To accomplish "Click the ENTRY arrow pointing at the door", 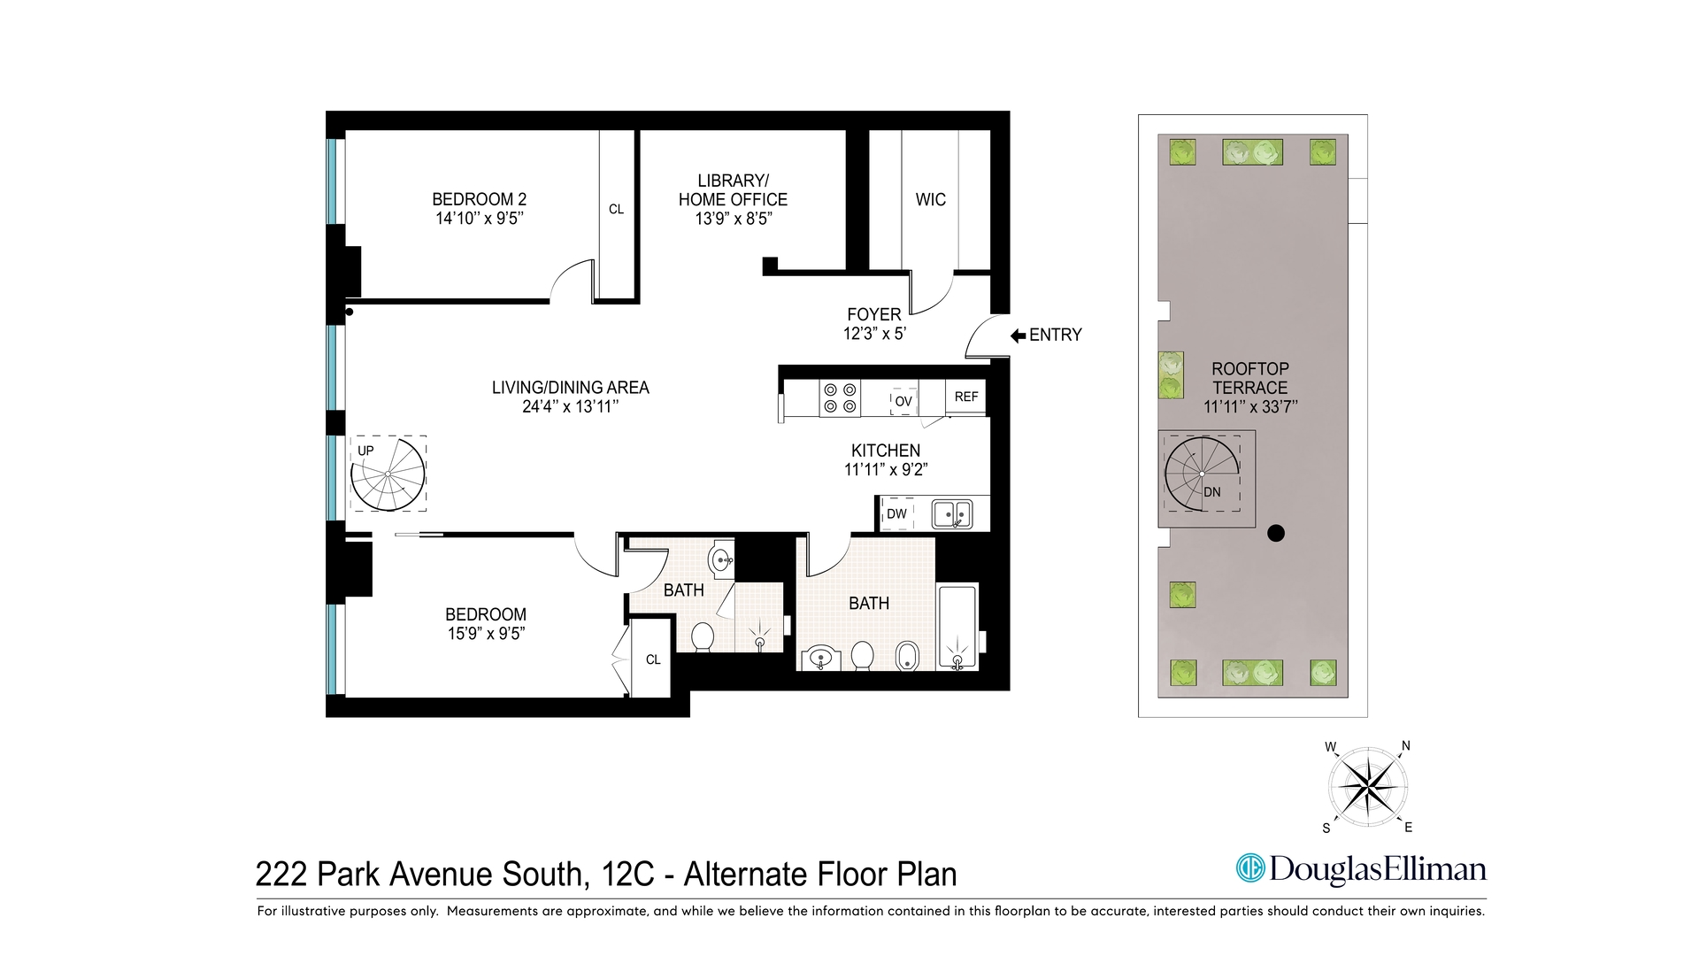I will (1018, 335).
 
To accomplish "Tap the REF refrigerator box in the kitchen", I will (965, 397).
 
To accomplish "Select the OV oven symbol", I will (903, 401).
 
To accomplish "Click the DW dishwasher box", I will (896, 513).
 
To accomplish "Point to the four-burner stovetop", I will (839, 397).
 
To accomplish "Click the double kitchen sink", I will (952, 513).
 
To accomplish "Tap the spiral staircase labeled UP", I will (388, 474).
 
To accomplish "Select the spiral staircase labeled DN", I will (1201, 474).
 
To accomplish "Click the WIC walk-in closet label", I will (930, 200).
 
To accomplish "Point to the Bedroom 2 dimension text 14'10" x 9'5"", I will (479, 219).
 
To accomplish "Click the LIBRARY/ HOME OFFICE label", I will (733, 190).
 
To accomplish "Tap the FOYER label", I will (873, 314).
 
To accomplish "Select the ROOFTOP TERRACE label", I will (1249, 378).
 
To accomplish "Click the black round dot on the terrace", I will (1275, 533).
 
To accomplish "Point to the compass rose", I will (1368, 786).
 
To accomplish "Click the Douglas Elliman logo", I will (1361, 868).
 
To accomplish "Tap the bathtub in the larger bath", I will (957, 626).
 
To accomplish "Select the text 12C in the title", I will (627, 875).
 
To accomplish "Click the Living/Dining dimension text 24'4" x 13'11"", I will (570, 407).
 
